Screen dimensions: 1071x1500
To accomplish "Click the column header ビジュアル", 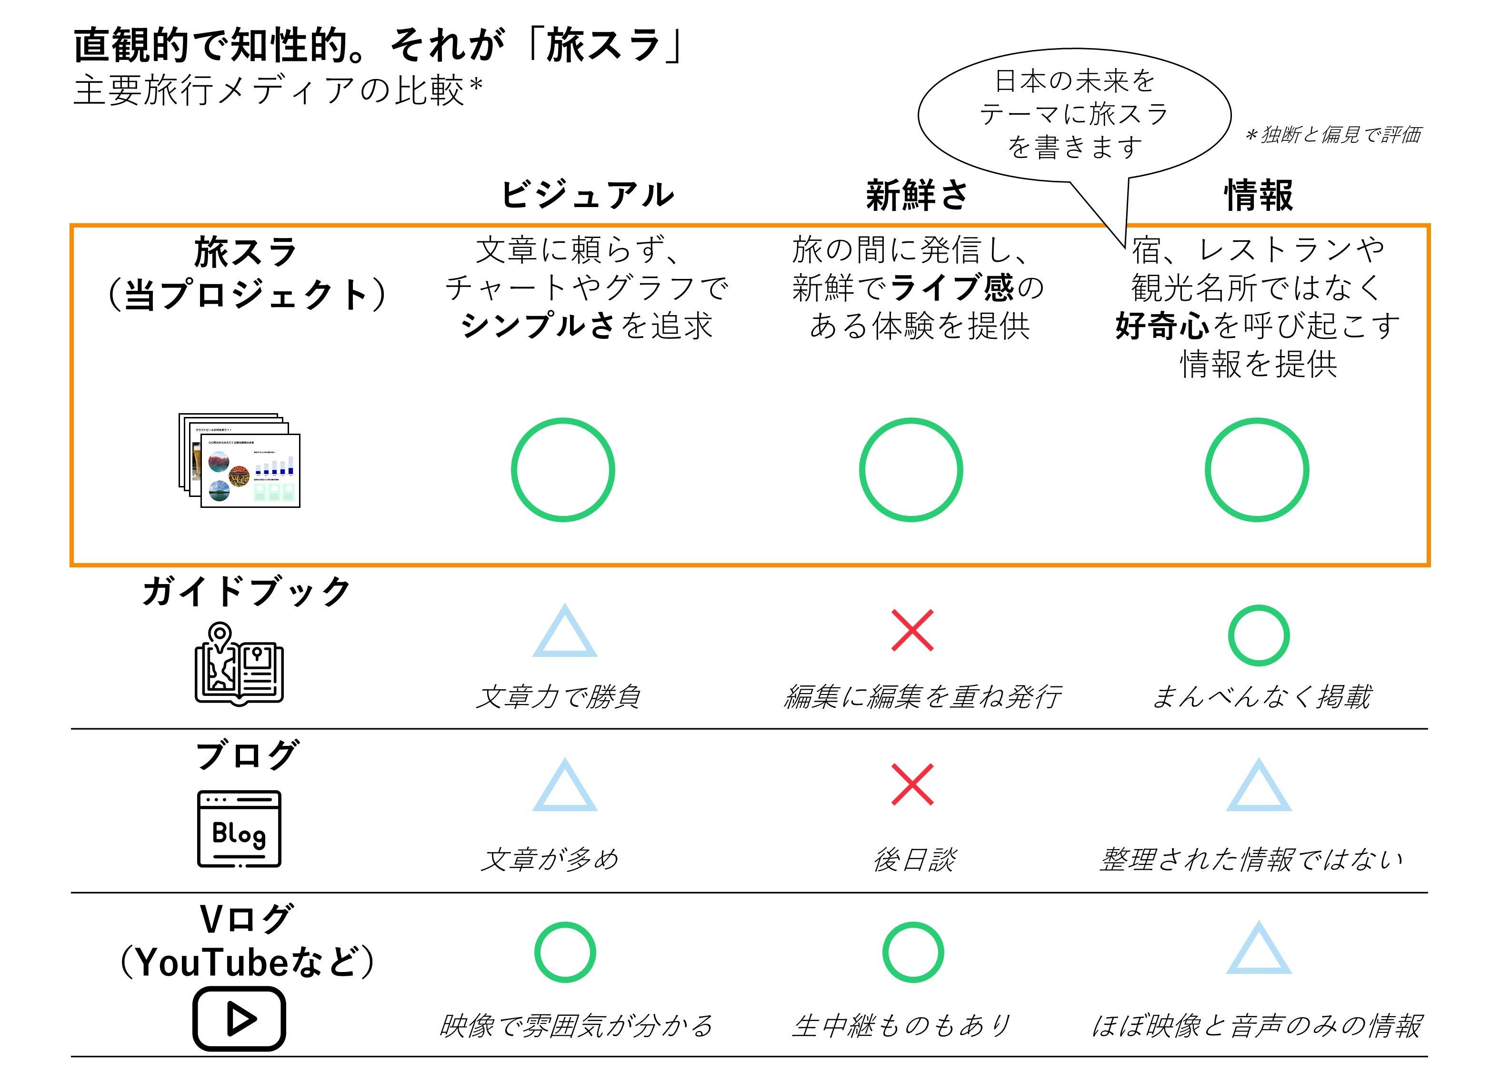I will pos(587,195).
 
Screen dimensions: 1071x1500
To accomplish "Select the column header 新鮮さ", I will pos(916,195).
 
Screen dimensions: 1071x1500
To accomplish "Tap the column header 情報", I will pos(1258,195).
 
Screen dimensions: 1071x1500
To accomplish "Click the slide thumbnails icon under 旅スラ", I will pos(240,460).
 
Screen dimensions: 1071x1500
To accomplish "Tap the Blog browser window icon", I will pos(239,829).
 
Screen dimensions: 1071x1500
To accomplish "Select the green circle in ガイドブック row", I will pos(1258,635).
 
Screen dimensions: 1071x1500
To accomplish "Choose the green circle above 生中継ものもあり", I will pos(912,952).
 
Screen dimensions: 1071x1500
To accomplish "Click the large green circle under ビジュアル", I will pos(563,469).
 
